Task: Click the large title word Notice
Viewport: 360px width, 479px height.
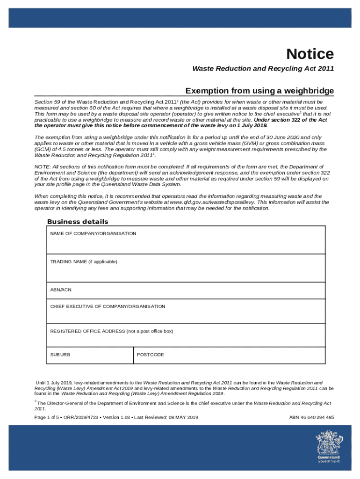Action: (310, 54)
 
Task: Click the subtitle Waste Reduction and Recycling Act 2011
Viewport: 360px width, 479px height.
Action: (263, 69)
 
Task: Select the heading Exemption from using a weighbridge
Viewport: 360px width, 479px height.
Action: (259, 90)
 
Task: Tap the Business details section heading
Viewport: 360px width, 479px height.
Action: (78, 222)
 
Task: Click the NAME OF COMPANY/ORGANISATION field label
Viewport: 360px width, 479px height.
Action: (93, 233)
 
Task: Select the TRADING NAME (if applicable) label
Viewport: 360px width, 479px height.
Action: (84, 261)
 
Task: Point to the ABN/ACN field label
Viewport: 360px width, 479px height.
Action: (61, 290)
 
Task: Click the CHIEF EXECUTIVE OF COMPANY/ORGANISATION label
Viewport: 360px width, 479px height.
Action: (108, 306)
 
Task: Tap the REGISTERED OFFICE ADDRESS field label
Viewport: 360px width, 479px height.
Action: (111, 331)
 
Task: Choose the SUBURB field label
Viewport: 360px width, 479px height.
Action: (60, 355)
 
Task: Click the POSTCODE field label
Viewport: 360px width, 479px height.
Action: (150, 355)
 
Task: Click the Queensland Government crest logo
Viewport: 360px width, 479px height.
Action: (329, 447)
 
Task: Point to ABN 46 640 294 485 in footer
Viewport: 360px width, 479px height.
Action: (311, 418)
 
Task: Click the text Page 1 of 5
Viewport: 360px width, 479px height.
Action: (47, 418)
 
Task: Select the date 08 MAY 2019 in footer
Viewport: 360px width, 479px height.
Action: (178, 418)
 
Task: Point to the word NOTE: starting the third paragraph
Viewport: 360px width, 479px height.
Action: (42, 167)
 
